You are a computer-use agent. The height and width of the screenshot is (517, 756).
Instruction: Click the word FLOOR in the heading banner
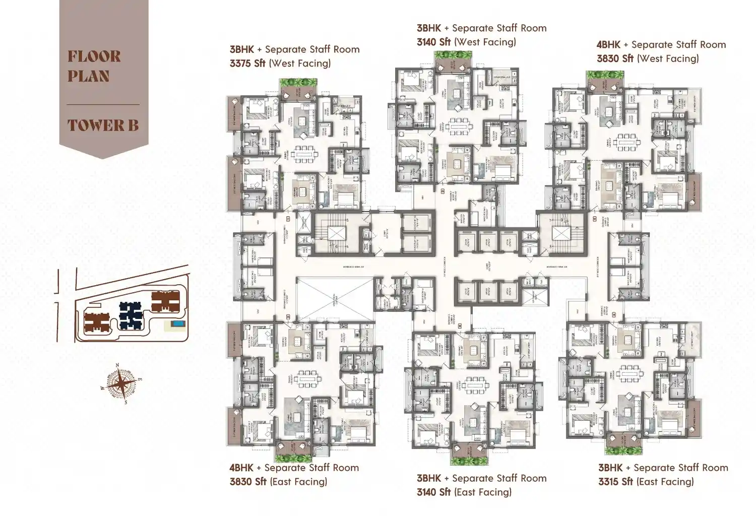coord(94,56)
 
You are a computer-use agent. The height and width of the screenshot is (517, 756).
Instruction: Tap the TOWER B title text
coord(103,125)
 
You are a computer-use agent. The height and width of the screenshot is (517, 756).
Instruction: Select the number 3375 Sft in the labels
coord(247,63)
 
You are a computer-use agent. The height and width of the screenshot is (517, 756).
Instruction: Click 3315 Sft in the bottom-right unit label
coord(615,482)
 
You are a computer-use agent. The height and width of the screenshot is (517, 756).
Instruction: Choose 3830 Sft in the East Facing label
coord(248,482)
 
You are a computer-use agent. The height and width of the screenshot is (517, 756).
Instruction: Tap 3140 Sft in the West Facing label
coord(433,42)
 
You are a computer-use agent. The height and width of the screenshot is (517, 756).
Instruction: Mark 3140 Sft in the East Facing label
coord(433,492)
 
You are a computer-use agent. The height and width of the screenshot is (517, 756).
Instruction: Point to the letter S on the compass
coord(126,402)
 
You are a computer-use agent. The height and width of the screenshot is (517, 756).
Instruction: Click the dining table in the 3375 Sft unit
coord(303,153)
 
